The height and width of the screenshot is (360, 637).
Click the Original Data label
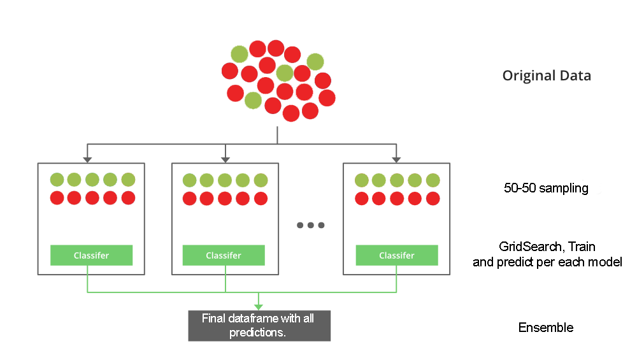(547, 76)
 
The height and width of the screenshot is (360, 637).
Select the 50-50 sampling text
(545, 189)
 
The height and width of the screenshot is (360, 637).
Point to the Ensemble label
(545, 328)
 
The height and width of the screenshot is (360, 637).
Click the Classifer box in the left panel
(91, 256)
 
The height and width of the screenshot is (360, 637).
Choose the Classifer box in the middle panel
(224, 256)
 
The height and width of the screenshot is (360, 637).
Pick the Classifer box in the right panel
(396, 256)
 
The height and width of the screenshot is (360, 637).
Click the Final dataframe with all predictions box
(259, 326)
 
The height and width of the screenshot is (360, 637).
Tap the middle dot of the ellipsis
(310, 225)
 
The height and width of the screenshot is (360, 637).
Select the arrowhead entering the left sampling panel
(87, 159)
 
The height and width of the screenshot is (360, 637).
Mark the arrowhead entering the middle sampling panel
(225, 159)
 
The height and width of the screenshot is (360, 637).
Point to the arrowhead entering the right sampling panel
(396, 159)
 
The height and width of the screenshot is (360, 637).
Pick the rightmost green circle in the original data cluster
(315, 61)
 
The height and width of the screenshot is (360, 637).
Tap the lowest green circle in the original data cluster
(253, 100)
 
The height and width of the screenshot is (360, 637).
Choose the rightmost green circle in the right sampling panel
(433, 180)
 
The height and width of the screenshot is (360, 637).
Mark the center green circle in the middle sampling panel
(224, 180)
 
